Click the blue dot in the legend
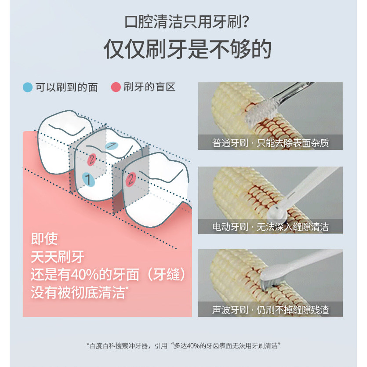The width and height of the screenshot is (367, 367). click(28, 87)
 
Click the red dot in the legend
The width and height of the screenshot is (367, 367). click(116, 87)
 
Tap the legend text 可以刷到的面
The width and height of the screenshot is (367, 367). click(66, 87)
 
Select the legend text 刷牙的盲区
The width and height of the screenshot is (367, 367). click(149, 87)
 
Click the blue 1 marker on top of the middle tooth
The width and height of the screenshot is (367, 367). click(111, 145)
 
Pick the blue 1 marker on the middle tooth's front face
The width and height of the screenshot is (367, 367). click(88, 179)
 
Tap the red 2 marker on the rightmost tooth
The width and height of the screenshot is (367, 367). click(131, 179)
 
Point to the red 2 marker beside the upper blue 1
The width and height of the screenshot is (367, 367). click(91, 160)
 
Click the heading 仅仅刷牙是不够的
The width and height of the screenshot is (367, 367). click(188, 49)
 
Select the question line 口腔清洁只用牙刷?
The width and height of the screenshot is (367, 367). click(186, 22)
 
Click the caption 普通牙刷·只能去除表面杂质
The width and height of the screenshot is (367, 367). click(270, 143)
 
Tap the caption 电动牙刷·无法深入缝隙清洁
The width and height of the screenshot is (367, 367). click(270, 227)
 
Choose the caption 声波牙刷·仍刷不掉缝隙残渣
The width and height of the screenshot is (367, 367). click(270, 310)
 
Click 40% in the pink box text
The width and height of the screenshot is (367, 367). click(84, 274)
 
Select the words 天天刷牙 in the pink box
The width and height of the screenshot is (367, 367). click(58, 257)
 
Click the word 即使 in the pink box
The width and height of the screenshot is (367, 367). click(44, 239)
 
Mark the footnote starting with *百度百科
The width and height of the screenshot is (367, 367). click(184, 346)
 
